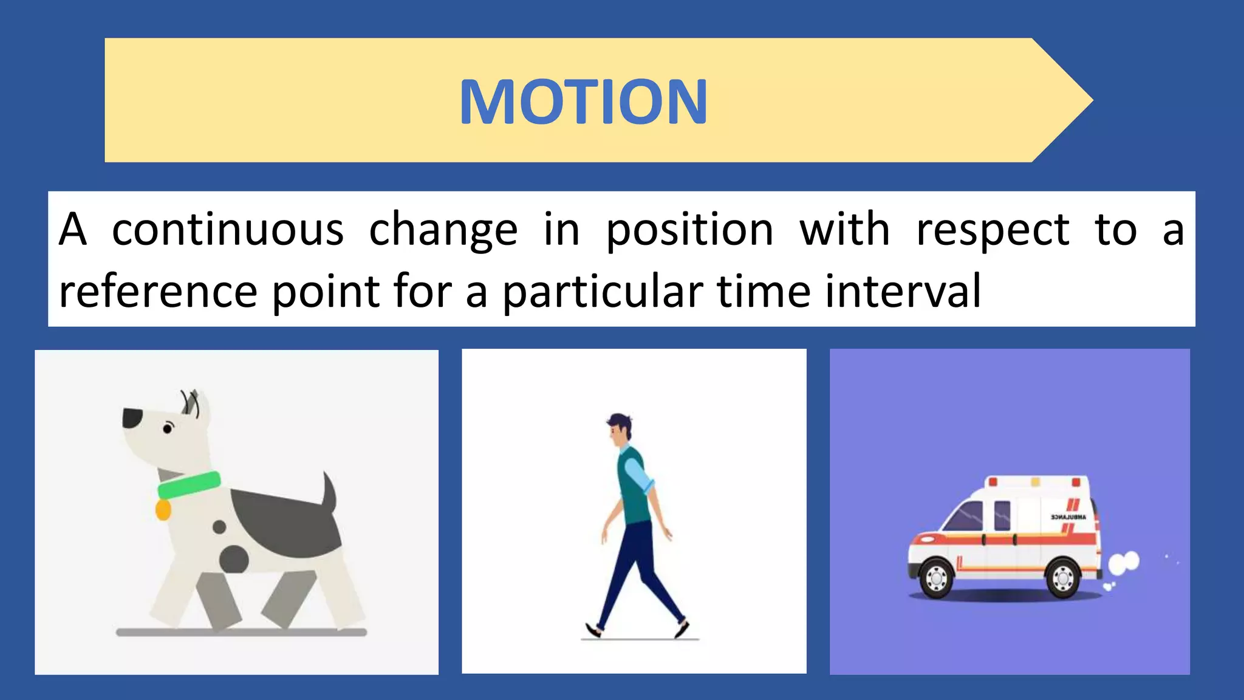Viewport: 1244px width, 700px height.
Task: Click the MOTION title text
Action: [x=583, y=101]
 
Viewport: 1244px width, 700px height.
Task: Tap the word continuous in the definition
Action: [x=228, y=230]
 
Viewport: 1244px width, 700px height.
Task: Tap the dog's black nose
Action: [x=132, y=417]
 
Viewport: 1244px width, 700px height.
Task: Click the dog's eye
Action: [x=168, y=429]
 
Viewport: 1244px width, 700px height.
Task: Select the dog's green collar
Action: [x=189, y=485]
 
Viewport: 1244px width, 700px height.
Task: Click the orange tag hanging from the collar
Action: [x=163, y=510]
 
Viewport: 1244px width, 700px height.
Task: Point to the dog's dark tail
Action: [x=329, y=492]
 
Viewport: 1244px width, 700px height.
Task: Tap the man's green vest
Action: [x=634, y=486]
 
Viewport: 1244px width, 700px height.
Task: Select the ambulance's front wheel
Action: [x=936, y=577]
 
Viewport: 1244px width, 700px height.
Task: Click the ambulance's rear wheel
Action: [x=1063, y=577]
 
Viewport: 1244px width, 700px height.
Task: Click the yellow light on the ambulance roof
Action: [x=1035, y=482]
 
